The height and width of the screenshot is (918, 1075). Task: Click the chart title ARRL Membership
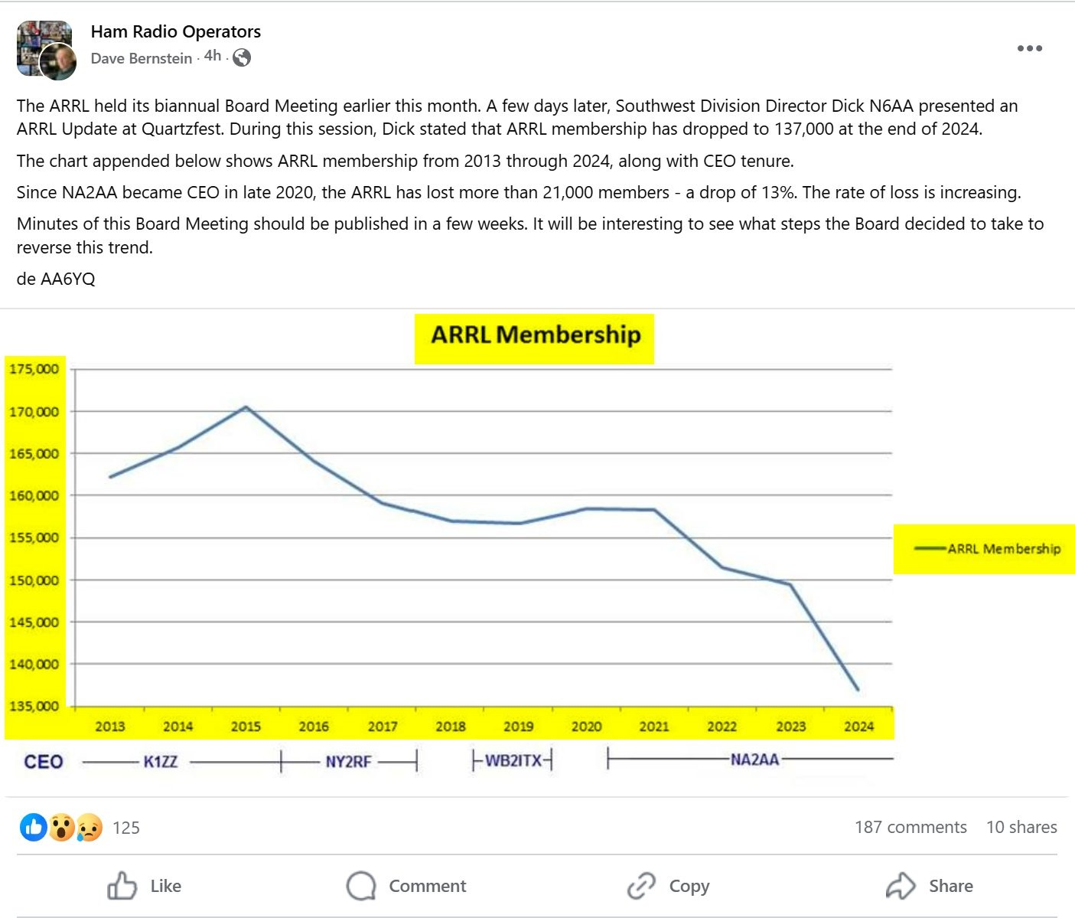click(535, 335)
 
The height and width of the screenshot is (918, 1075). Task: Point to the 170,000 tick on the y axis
click(34, 412)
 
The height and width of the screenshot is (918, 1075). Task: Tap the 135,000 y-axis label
click(34, 706)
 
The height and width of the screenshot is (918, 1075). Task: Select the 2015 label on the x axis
click(246, 727)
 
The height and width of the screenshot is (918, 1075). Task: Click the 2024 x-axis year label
click(858, 727)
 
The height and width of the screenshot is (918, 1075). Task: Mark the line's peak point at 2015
click(246, 407)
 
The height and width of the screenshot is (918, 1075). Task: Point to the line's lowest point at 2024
click(858, 690)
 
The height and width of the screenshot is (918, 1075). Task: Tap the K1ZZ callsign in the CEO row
click(161, 762)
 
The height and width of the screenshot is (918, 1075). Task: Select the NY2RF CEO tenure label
click(348, 762)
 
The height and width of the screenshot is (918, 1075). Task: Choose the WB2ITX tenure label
click(513, 760)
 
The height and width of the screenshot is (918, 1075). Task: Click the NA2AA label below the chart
click(754, 760)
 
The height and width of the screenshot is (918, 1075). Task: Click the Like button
click(145, 886)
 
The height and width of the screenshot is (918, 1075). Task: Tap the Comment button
click(407, 886)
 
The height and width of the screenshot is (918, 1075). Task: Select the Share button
click(930, 886)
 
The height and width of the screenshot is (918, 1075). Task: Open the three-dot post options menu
click(1029, 48)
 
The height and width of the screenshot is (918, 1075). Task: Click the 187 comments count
click(910, 827)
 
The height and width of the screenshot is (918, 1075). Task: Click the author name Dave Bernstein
click(142, 58)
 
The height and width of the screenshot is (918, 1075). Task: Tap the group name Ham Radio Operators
click(176, 31)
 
